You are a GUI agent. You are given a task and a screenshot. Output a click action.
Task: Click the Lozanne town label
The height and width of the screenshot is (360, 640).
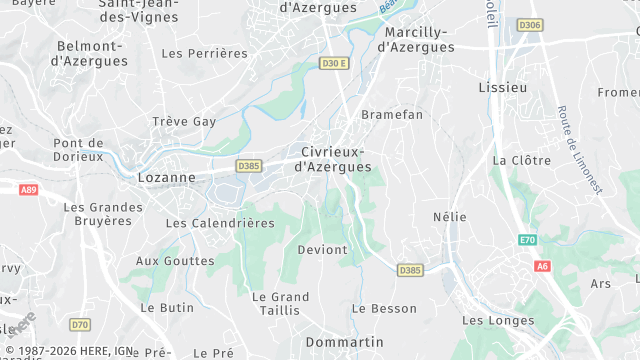pos(166,178)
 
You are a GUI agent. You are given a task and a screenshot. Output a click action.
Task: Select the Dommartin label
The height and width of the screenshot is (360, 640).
pos(344,342)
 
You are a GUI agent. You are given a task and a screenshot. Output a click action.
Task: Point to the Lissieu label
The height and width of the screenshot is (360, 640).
pos(502,88)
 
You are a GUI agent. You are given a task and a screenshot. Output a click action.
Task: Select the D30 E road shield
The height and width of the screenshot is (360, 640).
pos(334,64)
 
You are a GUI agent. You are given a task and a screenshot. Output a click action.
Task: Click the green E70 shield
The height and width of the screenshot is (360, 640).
pos(528,240)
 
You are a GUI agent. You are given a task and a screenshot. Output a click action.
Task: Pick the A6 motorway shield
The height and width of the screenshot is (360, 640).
pos(542,266)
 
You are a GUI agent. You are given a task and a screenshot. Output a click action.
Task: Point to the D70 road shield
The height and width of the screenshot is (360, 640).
pos(80,325)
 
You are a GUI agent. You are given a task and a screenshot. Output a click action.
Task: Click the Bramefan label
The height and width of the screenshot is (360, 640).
pos(392,115)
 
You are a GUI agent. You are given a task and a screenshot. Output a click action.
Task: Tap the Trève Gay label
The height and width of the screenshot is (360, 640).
pos(184,122)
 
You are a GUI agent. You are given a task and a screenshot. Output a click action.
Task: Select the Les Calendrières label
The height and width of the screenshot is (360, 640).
pos(220,223)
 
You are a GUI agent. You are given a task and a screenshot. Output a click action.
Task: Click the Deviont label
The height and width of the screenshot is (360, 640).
pos(322,249)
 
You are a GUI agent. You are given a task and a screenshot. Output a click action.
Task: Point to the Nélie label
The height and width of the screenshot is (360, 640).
pos(450,217)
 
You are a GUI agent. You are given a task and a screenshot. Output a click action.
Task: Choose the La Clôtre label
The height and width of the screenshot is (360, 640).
pos(522,160)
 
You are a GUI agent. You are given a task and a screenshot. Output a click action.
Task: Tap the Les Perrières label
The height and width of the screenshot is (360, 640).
pos(204,53)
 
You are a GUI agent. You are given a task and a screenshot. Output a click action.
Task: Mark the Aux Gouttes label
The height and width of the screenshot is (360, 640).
pos(175,261)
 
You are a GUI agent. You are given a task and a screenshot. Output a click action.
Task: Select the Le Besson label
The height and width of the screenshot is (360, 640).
pos(384,309)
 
